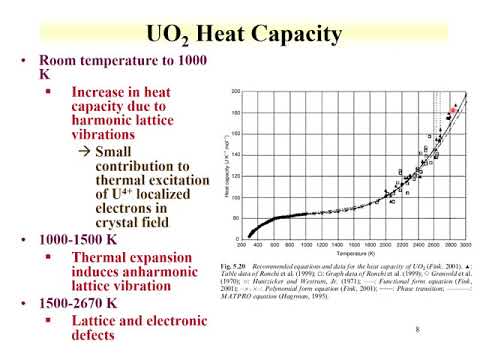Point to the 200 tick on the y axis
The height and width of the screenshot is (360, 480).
click(x=235, y=91)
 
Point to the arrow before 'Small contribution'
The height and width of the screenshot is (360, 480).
click(x=86, y=150)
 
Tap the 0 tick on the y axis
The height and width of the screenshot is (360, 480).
click(x=238, y=238)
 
